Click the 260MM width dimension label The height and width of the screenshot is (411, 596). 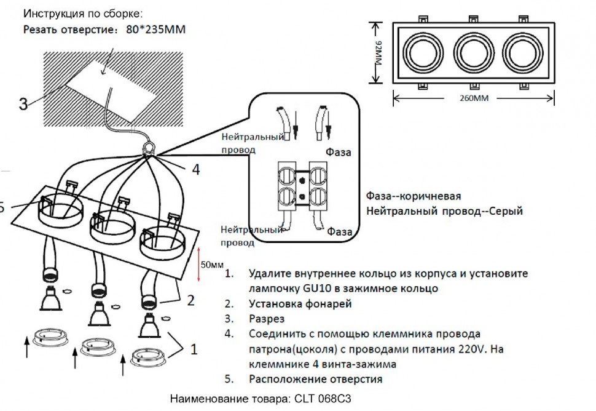click(473, 98)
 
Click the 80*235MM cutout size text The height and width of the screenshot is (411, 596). click(155, 28)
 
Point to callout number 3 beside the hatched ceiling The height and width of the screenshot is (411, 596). click(23, 103)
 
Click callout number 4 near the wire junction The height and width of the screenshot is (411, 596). click(195, 169)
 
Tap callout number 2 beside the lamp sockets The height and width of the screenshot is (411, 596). click(190, 300)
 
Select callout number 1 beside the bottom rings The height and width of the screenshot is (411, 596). click(194, 349)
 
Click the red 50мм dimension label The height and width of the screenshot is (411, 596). click(212, 265)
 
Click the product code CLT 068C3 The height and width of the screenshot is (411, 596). click(325, 399)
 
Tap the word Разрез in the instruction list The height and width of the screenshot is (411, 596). click(267, 319)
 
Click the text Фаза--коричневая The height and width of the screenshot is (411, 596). click(413, 196)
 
